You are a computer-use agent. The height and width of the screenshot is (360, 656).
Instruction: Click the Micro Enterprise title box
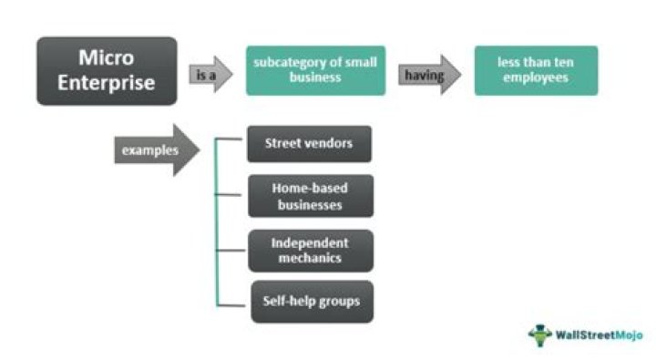[108, 70]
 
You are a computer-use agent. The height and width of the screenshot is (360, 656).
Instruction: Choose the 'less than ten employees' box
[536, 70]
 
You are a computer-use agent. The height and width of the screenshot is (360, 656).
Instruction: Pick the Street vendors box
[309, 143]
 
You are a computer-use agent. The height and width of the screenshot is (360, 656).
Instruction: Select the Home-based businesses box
[310, 196]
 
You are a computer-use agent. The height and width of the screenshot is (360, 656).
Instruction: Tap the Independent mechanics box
[310, 251]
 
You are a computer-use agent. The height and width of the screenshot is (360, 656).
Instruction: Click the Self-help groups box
[312, 300]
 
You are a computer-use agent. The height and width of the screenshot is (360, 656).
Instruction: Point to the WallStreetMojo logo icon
[539, 334]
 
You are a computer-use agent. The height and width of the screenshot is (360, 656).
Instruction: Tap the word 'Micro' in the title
[108, 57]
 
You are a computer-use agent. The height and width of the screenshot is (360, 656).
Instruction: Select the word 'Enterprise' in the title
[108, 84]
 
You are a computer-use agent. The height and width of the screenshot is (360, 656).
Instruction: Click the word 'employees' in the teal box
[536, 78]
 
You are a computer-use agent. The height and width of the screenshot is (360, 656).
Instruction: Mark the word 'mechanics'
[310, 259]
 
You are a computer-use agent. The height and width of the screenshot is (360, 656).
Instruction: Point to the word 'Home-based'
[310, 188]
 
